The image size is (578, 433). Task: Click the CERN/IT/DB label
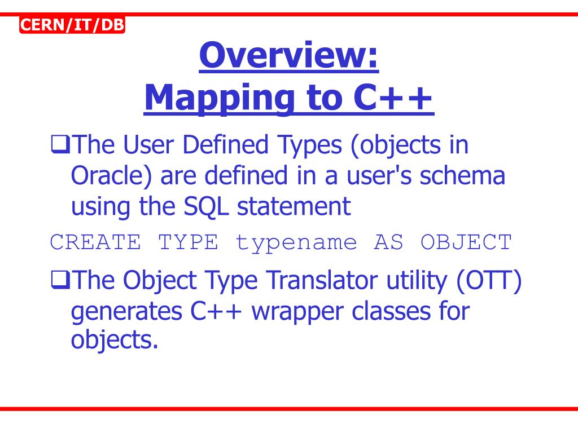72,25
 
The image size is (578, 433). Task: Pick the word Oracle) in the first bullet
112,176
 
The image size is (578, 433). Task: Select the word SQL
207,206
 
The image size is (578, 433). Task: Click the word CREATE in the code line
95,242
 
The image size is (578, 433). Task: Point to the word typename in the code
296,242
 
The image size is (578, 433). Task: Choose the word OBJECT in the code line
466,242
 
